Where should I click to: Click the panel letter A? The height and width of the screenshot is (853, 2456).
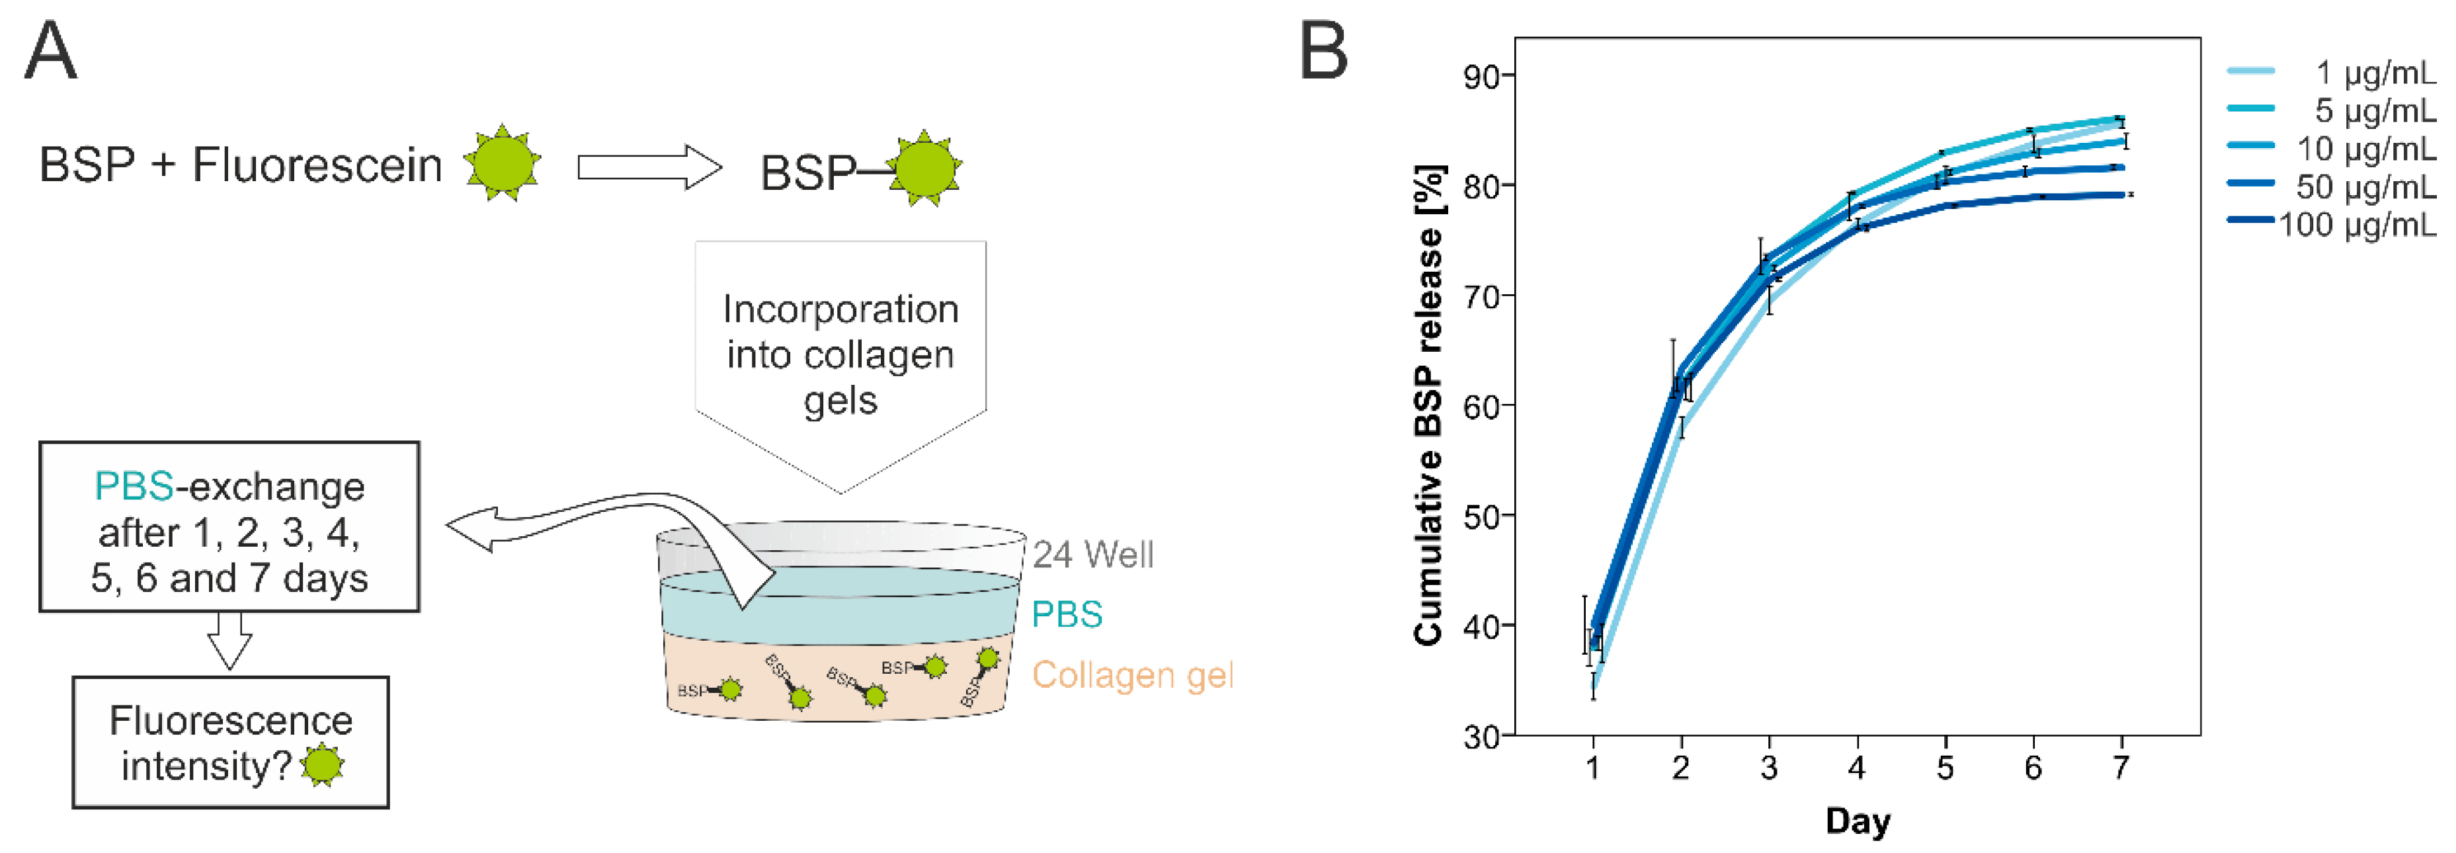[x=50, y=52]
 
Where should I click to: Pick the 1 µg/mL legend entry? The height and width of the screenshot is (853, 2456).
[x=2375, y=73]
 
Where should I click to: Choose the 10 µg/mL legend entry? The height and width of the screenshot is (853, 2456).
[x=2365, y=149]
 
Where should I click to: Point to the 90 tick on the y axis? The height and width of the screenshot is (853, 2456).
[x=1483, y=76]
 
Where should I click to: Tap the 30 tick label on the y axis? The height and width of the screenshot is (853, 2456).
[x=1483, y=737]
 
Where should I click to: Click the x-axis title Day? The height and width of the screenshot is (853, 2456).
[x=1858, y=821]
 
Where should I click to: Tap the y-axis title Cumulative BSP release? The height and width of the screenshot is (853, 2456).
[x=1429, y=405]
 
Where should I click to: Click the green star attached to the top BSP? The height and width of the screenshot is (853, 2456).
[x=924, y=168]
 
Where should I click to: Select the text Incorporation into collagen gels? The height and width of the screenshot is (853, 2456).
[x=840, y=354]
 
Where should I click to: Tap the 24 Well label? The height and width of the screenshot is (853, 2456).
[x=1092, y=555]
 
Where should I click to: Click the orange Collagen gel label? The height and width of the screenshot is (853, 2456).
[x=1133, y=676]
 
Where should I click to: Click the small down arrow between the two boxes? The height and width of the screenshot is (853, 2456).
[x=229, y=641]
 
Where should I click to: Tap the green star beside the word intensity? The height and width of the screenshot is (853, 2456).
[x=322, y=765]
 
